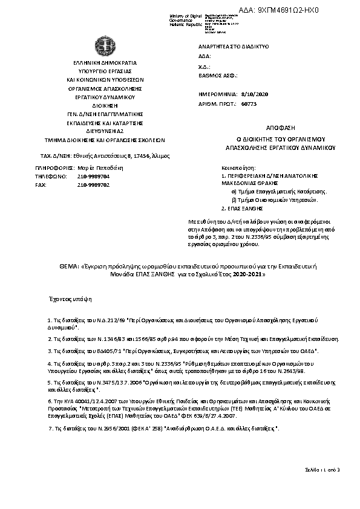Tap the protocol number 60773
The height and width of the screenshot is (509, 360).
[249, 104]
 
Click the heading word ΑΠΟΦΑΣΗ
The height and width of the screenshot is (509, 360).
[280, 129]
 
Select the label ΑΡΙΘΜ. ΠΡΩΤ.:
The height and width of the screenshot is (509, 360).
[216, 104]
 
